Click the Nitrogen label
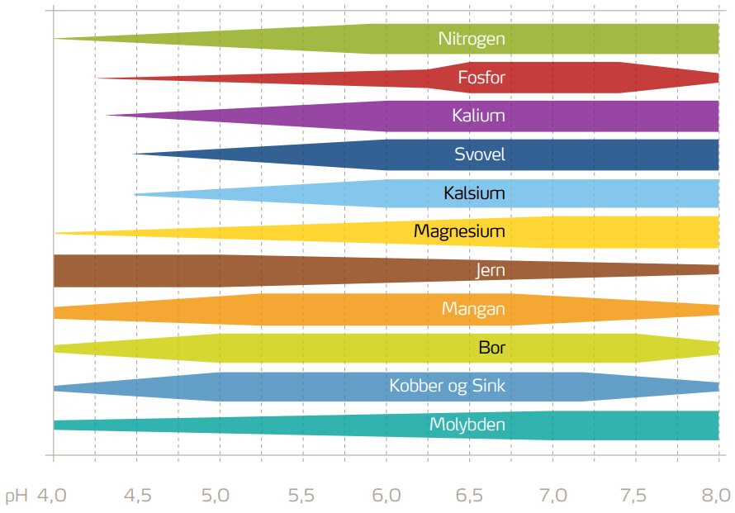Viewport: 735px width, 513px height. point(472,39)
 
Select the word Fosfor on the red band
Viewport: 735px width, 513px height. point(481,78)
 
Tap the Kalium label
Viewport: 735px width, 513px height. point(478,116)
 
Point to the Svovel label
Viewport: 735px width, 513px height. point(480,154)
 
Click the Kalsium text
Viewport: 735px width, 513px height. point(474,193)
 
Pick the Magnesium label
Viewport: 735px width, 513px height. point(459,231)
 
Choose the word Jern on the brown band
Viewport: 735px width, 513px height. point(491,271)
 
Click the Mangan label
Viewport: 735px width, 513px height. point(473,309)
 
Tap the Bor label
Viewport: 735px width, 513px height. point(492,348)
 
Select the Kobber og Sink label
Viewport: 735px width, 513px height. point(447,386)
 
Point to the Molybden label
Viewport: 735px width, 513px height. point(467,425)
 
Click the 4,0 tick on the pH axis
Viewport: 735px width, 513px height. point(50,496)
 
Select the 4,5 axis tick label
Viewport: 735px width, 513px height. point(137,496)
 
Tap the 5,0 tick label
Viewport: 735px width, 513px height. point(220,496)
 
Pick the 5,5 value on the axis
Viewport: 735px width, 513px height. point(303,496)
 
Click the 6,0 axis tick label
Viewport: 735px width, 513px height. point(386,496)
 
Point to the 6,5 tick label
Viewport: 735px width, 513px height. point(470,496)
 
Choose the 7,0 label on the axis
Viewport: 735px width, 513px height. point(553,496)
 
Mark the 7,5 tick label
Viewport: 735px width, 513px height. point(636,496)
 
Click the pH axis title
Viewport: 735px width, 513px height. point(17,496)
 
